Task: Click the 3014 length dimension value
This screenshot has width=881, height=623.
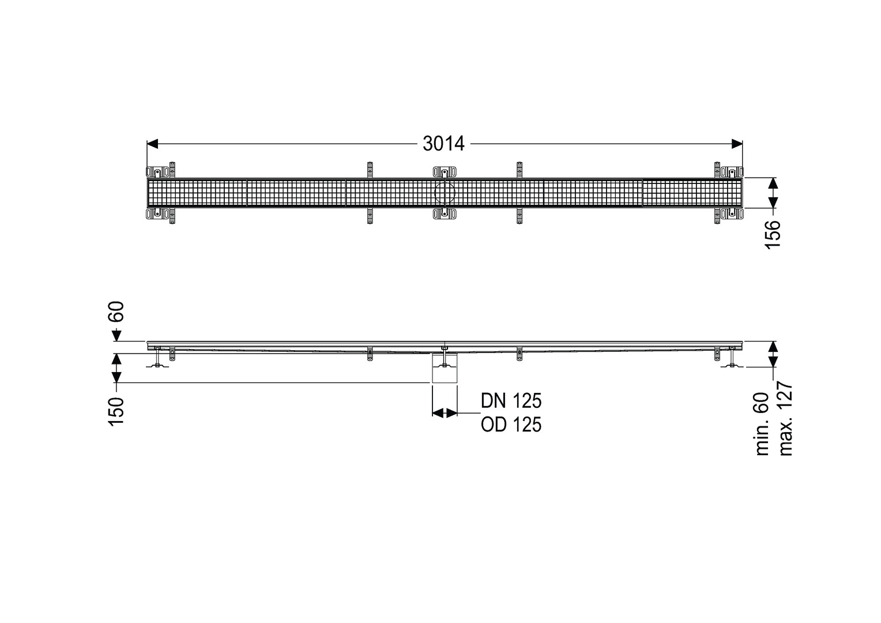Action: point(443,144)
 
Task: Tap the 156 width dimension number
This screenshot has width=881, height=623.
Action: point(772,235)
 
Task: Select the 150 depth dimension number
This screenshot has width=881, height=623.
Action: point(116,411)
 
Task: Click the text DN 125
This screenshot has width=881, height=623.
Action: point(511,401)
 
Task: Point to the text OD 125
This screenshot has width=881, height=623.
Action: point(511,425)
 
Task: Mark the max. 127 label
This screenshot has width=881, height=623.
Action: point(785,419)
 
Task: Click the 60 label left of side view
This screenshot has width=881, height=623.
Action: point(117,311)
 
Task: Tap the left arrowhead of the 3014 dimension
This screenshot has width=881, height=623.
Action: point(152,144)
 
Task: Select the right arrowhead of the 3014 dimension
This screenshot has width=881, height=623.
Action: point(737,144)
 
